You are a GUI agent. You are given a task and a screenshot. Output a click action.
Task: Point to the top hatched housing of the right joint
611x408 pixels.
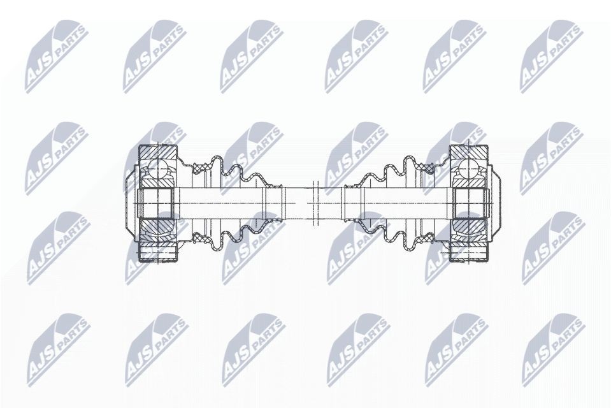[x=468, y=153]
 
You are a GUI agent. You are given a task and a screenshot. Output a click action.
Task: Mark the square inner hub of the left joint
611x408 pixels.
[x=155, y=203]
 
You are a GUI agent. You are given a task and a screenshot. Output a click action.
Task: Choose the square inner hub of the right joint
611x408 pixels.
[x=468, y=203]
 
